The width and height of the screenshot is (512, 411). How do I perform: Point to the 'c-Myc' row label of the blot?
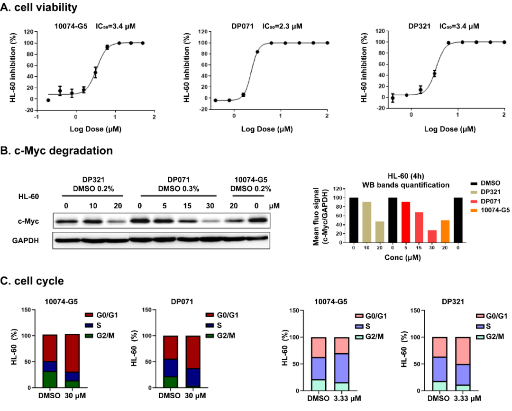pos(27,221)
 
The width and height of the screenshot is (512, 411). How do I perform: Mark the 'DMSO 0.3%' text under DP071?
pos(178,189)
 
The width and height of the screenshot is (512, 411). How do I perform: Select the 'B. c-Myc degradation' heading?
pos(57,151)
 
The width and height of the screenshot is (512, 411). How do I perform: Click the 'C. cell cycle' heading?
pos(33,281)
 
